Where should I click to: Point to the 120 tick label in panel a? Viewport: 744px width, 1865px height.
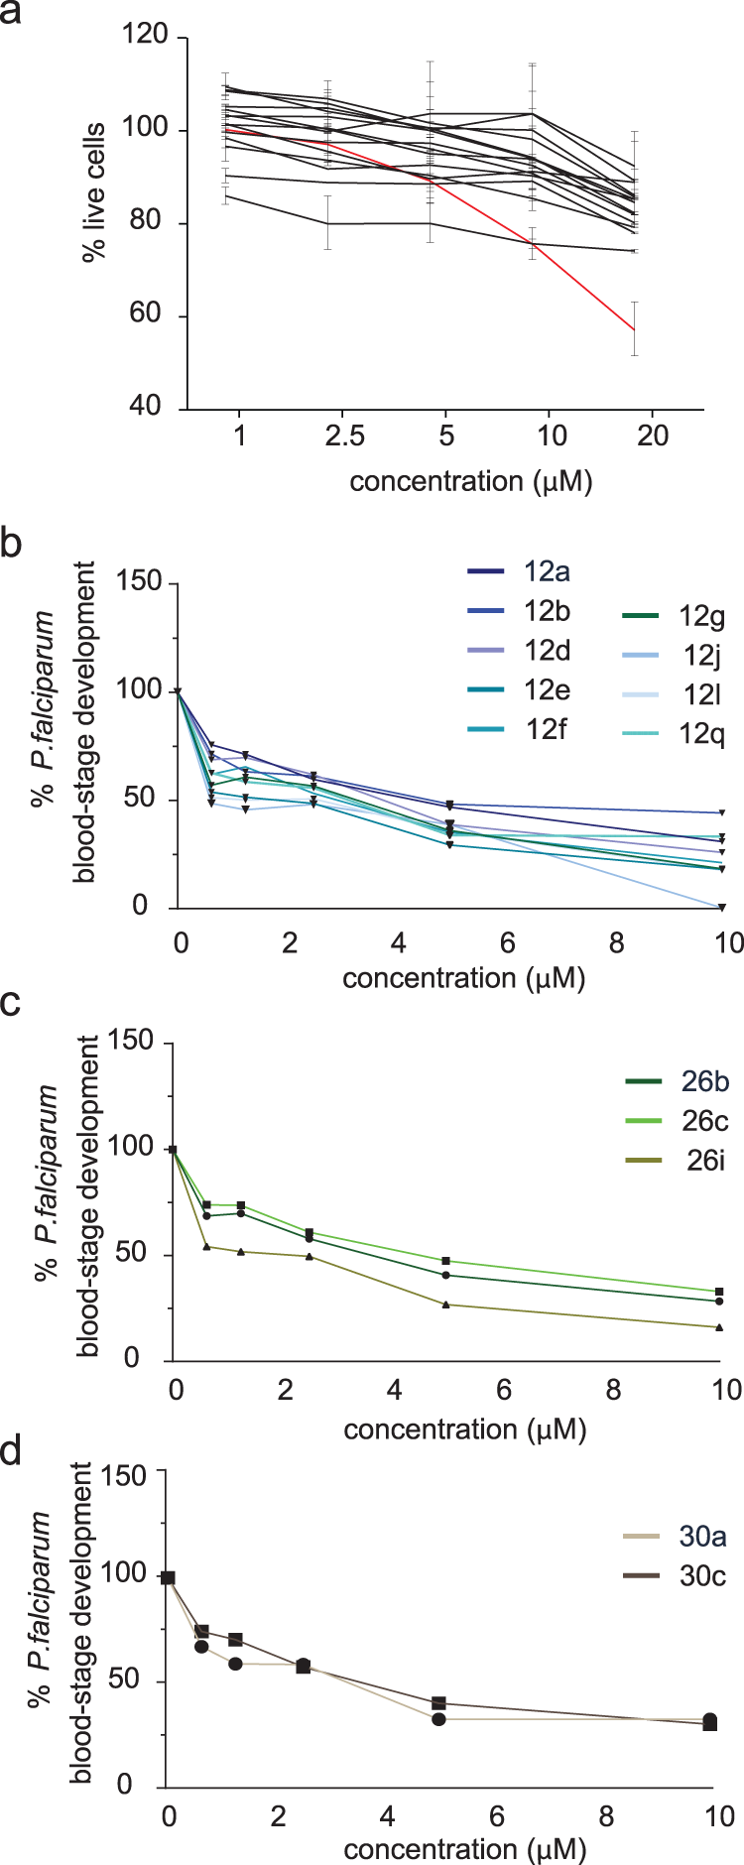(x=145, y=37)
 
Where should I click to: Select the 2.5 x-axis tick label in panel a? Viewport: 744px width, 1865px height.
(x=343, y=436)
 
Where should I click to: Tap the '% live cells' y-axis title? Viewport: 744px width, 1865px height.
(x=94, y=192)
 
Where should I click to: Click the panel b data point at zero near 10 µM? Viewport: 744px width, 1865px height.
(x=721, y=907)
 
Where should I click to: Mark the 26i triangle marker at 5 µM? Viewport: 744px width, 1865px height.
(x=446, y=1305)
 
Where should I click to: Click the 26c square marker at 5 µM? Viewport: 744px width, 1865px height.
(x=446, y=1261)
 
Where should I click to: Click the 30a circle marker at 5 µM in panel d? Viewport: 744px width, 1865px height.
(x=438, y=1719)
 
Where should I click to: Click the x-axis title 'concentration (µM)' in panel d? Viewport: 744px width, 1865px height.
(x=465, y=1850)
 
